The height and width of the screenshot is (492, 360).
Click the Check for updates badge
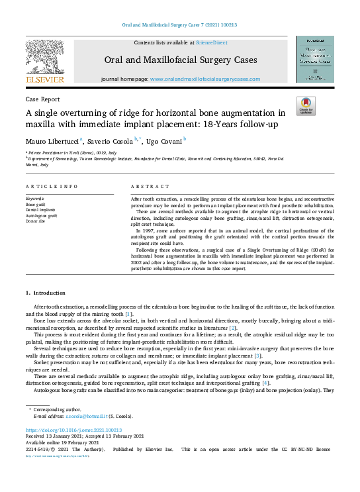[x=306, y=105]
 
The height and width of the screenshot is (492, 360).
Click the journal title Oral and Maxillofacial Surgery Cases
[x=180, y=60]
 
